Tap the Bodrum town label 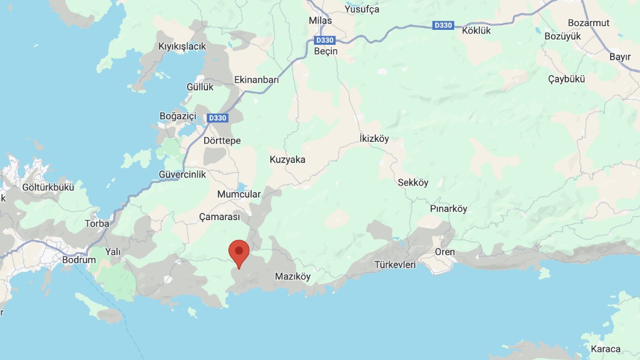79,260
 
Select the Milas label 320,21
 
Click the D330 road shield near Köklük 444,25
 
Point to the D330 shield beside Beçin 325,40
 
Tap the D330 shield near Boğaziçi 217,118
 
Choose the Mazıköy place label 292,276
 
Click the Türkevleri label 395,265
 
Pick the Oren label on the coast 445,252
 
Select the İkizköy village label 374,139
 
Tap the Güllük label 200,86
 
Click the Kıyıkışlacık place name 182,46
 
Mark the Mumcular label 239,195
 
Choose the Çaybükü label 566,79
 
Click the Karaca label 606,349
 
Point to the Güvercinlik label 182,174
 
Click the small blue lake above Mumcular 241,187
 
